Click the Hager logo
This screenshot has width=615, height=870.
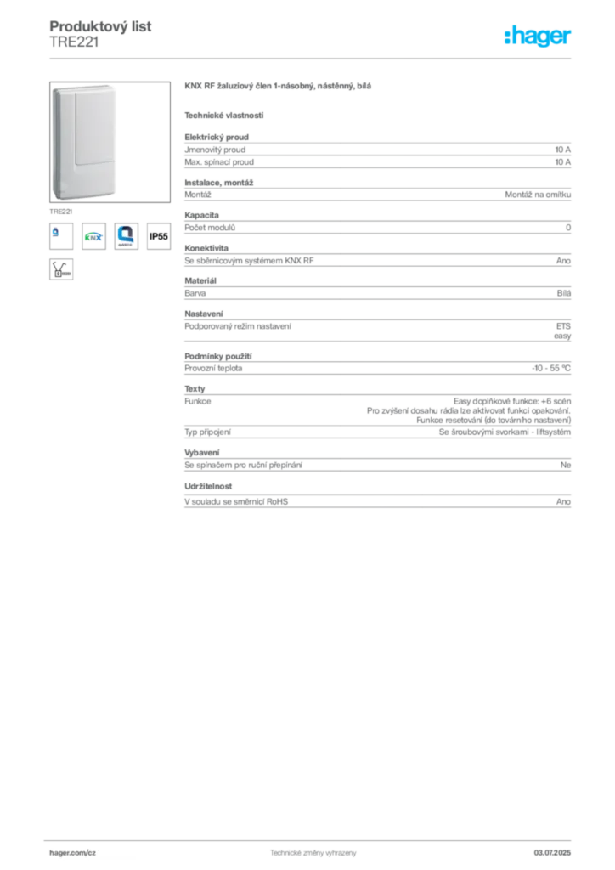[538, 36]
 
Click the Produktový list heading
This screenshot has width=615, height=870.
[100, 26]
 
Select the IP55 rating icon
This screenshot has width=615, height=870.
[159, 236]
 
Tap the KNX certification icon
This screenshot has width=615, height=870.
[93, 236]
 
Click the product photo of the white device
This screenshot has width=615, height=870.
[110, 142]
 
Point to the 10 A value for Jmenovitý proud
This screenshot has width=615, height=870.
[563, 150]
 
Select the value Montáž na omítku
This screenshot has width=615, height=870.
[538, 195]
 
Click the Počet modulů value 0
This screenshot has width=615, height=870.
[568, 228]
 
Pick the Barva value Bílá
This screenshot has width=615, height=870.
[564, 293]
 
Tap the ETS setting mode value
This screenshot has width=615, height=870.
[563, 326]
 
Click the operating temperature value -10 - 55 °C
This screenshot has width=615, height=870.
[551, 368]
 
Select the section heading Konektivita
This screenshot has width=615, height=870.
[206, 248]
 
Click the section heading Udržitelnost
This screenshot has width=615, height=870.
[208, 486]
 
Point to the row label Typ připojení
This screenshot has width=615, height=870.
[207, 432]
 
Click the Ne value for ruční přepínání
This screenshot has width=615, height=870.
[566, 465]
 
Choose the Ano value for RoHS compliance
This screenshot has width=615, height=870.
[563, 501]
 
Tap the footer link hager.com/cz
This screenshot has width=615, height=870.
[73, 853]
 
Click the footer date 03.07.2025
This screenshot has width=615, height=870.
[552, 853]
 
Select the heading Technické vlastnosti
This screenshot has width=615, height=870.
[224, 116]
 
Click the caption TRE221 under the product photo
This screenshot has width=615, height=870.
[60, 212]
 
